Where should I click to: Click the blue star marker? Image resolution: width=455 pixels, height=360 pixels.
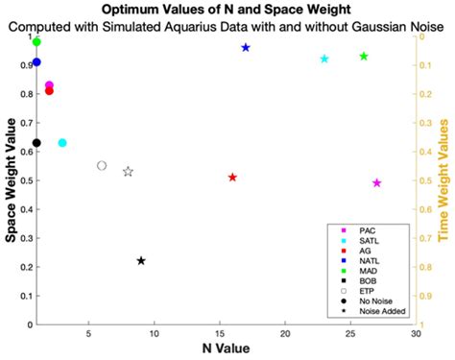(246, 47)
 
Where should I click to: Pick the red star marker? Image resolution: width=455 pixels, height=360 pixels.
(232, 178)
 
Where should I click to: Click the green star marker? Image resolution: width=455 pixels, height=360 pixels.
(364, 57)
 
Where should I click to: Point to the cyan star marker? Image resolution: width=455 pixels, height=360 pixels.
(324, 59)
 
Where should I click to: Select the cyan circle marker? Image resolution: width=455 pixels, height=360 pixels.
(62, 143)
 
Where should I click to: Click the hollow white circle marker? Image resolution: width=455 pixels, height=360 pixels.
(102, 166)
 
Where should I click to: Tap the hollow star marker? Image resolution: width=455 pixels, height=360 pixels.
(128, 172)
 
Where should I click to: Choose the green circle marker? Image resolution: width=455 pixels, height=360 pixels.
(36, 42)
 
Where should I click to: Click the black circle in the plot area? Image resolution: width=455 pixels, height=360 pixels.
(36, 143)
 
